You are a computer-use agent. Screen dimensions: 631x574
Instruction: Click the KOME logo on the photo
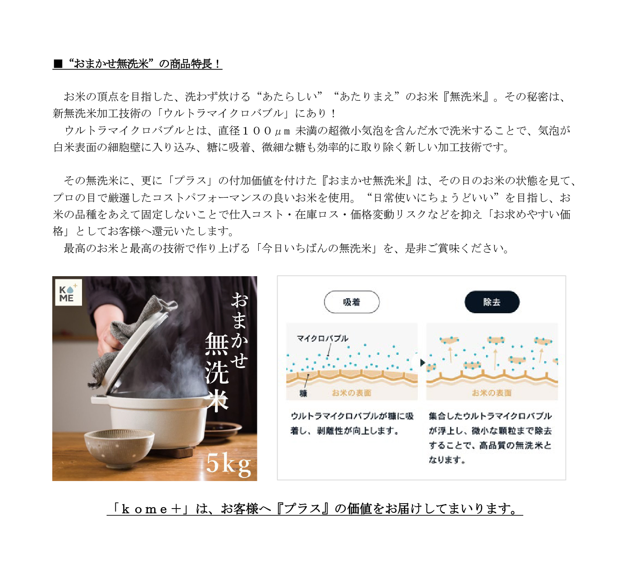(69, 292)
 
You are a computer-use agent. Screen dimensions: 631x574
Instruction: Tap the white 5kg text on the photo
(229, 464)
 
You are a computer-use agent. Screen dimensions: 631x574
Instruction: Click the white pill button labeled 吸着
(352, 302)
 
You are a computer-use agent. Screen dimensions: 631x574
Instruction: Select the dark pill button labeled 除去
(492, 302)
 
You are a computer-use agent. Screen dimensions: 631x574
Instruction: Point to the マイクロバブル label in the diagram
(322, 338)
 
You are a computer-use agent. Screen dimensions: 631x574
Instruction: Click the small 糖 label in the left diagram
(303, 393)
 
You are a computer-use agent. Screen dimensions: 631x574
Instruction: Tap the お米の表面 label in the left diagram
(352, 393)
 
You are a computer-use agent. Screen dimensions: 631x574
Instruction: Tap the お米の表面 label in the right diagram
(492, 393)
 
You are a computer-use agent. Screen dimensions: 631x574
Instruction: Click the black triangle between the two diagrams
(422, 363)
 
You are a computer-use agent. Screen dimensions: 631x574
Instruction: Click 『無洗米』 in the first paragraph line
(466, 97)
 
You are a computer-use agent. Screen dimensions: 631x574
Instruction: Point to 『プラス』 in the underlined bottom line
(302, 509)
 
